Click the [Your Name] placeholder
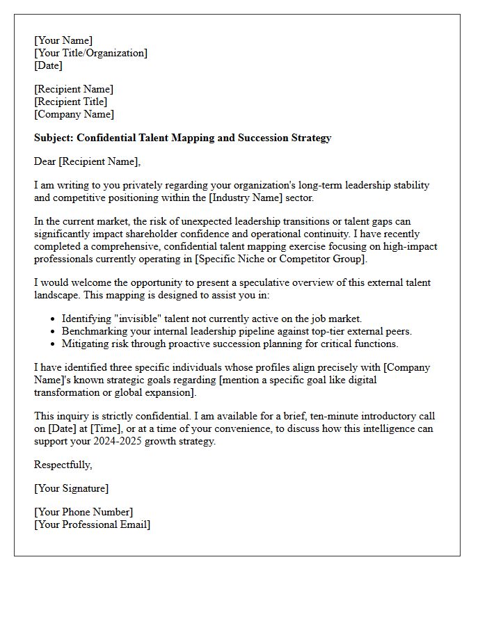pyautogui.click(x=63, y=40)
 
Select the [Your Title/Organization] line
pyautogui.click(x=90, y=53)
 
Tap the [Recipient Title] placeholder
pyautogui.click(x=71, y=102)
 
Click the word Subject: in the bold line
pyautogui.click(x=54, y=138)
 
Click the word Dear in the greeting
pyautogui.click(x=45, y=161)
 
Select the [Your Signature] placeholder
pyautogui.click(x=71, y=488)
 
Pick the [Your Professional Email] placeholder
pyautogui.click(x=92, y=524)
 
